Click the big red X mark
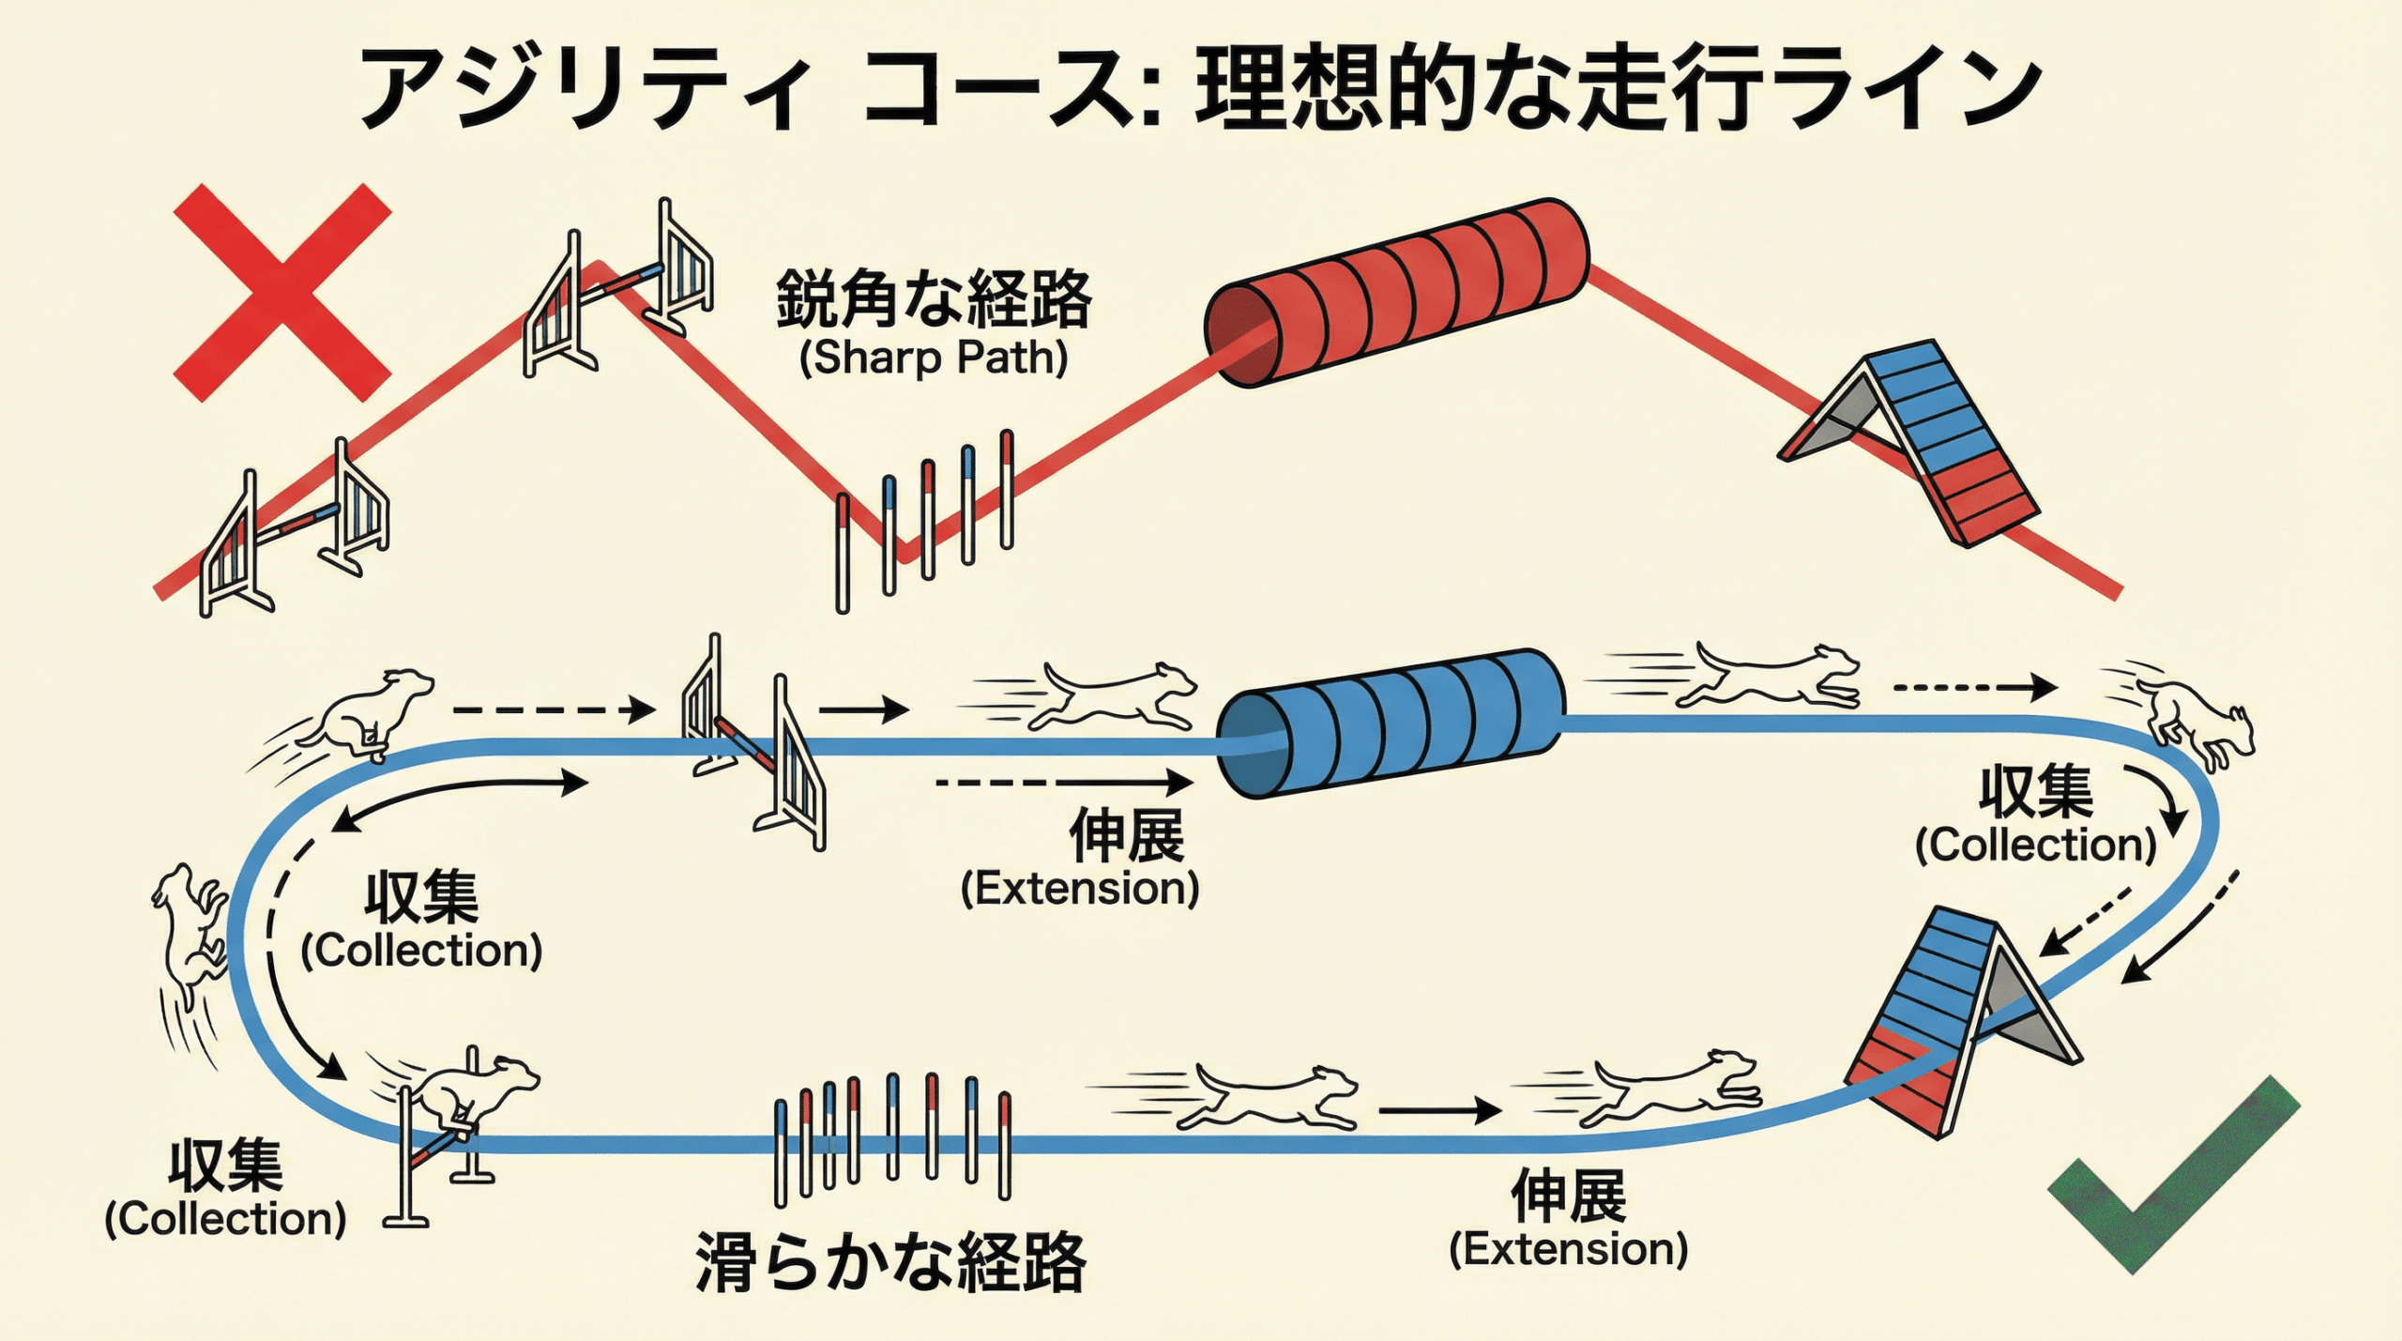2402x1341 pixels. (282, 293)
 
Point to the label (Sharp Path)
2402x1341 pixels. (934, 358)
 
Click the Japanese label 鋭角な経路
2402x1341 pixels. (934, 299)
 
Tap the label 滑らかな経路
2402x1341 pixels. (889, 1263)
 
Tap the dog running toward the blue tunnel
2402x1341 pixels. (1117, 695)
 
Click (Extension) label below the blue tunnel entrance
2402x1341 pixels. (1080, 888)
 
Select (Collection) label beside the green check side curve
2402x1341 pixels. (2036, 845)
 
